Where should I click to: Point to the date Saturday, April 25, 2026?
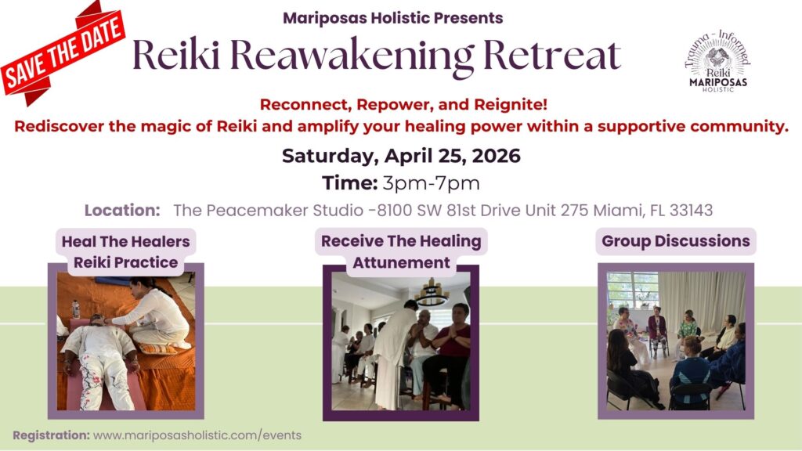(x=401, y=156)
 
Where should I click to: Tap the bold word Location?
(x=122, y=211)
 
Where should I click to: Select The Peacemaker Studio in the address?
(x=250, y=211)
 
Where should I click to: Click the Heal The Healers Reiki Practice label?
(x=125, y=251)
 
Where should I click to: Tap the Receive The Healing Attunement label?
(x=401, y=251)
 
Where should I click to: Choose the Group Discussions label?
(x=676, y=241)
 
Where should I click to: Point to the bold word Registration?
(x=51, y=435)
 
